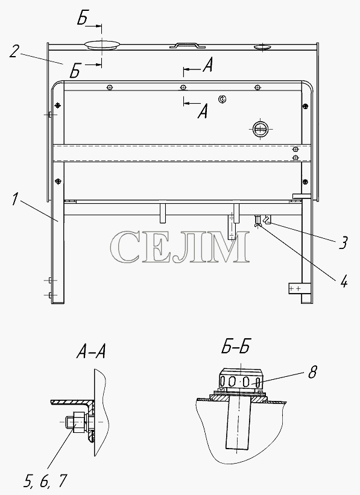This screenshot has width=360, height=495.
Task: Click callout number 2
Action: pos(14,51)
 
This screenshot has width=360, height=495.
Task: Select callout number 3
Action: pos(343,243)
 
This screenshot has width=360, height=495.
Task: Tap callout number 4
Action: pos(344,280)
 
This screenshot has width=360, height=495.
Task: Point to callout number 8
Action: pos(312,372)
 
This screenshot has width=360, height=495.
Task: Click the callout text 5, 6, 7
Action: pos(45,481)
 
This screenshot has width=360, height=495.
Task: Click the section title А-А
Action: pos(90,352)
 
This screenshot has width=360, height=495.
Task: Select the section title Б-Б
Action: pos(235,347)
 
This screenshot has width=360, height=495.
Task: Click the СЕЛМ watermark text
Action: pos(180,247)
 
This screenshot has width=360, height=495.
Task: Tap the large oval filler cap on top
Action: pos(102,45)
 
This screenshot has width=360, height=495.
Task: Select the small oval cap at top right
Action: pos(262,47)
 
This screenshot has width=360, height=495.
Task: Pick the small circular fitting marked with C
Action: pos(223,99)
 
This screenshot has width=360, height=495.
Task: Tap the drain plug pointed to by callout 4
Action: pos(257,221)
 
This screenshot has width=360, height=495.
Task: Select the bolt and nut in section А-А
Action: pos(77,422)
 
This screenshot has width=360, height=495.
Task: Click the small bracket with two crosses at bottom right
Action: pos(295,288)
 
